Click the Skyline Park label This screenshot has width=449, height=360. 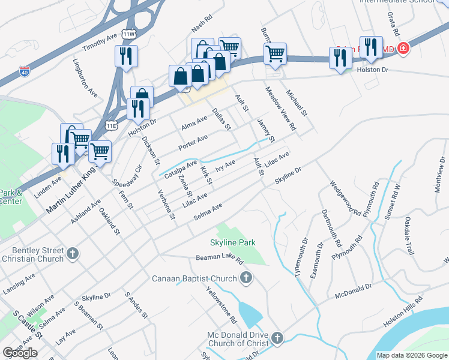point(232,243)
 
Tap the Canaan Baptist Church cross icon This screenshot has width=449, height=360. point(246,278)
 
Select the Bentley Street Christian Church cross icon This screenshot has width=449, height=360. point(71,253)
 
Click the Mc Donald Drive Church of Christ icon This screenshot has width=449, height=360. point(277,338)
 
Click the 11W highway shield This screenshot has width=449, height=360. point(128,35)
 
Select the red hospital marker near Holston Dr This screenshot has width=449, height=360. point(403,47)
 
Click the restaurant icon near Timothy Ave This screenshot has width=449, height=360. point(126,56)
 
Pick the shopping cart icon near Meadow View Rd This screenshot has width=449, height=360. point(275,53)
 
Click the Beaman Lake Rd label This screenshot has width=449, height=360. point(219,259)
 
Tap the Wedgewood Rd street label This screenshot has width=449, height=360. point(345,197)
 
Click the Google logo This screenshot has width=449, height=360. point(20,353)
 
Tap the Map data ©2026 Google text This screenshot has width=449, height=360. point(411,355)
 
